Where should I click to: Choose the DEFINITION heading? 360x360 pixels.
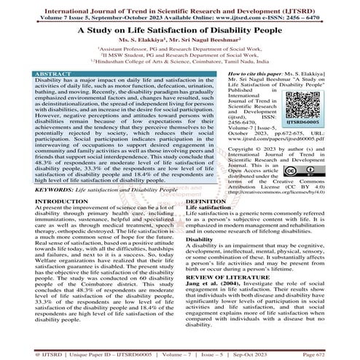(x=206, y=200)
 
